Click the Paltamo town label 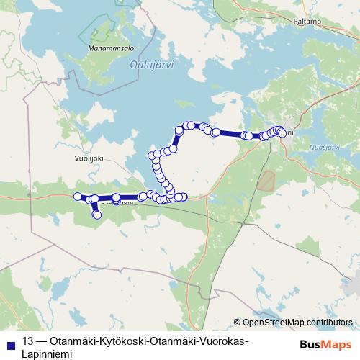tap(307, 22)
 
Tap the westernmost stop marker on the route tap(78, 197)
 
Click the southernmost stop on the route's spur tap(97, 214)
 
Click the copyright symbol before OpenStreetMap tap(238, 323)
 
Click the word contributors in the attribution tap(330, 323)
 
